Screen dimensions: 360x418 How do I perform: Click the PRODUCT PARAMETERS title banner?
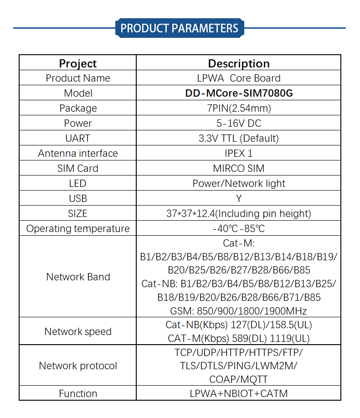pos(180,28)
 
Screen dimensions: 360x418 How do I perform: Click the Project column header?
pos(78,64)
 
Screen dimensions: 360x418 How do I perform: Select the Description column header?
pos(239,64)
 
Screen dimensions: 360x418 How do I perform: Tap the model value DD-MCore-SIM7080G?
pos(239,93)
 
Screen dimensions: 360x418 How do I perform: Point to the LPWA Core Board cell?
pos(239,78)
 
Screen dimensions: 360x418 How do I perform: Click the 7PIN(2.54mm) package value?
pos(239,108)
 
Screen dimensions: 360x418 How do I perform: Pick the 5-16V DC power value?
pos(239,123)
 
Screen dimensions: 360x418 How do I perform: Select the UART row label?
pos(78,139)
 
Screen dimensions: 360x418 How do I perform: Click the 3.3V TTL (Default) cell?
pos(239,139)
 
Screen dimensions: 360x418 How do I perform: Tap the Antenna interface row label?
pos(78,153)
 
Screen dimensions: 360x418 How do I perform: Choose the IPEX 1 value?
pos(239,153)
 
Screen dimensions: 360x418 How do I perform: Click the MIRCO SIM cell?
pos(239,169)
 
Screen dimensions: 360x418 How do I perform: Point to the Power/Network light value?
pos(239,184)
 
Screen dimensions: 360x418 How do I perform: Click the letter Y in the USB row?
pos(239,199)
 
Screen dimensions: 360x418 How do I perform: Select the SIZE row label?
pos(77,213)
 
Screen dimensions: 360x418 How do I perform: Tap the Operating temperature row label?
pos(78,229)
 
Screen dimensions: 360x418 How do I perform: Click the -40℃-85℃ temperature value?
pos(239,229)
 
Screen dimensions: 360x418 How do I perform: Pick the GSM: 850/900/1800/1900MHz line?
pos(238,311)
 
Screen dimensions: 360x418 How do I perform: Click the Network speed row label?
pos(78,332)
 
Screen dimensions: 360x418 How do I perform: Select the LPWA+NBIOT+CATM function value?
pos(239,393)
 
